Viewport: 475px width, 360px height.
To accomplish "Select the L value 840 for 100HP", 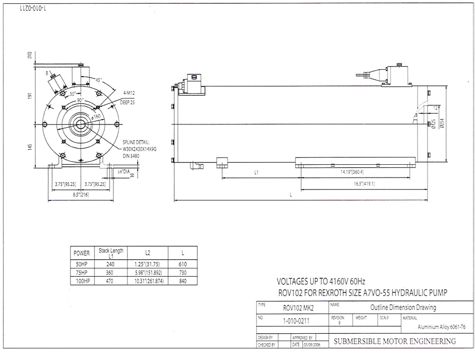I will coord(183,281).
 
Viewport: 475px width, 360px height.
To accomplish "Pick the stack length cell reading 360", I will coord(111,273).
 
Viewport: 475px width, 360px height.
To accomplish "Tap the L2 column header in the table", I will coord(147,253).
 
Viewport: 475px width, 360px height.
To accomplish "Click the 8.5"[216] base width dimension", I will coord(80,194).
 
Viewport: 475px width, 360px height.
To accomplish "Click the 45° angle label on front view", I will coord(99,80).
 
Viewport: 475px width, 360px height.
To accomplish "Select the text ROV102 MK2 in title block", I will coord(298,308).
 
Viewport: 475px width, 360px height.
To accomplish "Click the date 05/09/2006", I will coord(312,345).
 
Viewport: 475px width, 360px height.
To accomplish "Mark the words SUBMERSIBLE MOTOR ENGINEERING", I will coord(395,341).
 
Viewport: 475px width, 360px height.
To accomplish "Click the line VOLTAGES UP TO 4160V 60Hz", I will coord(320,282).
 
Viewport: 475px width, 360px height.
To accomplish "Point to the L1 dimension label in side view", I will coord(256,172).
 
